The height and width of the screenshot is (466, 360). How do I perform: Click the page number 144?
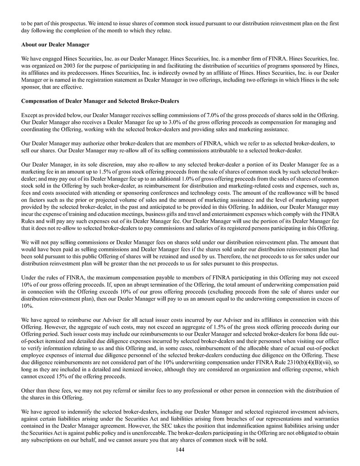tap(180, 450)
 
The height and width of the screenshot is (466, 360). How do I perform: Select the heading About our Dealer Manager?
tap(55, 45)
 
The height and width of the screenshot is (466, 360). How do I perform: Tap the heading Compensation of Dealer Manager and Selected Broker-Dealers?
tap(100, 101)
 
